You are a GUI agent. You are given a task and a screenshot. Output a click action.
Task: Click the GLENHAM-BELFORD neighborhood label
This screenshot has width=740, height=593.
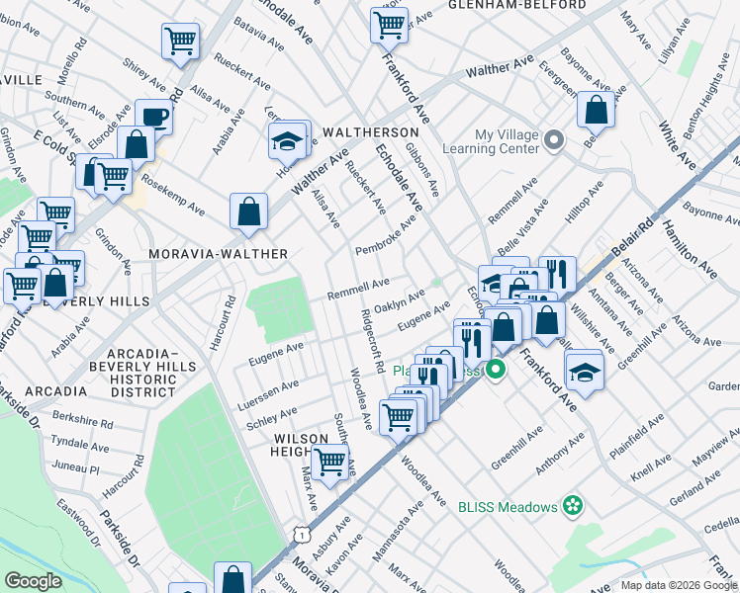515,5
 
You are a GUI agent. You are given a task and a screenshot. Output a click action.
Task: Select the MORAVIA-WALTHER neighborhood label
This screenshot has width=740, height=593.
218,254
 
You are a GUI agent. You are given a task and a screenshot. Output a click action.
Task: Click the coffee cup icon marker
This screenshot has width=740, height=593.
154,117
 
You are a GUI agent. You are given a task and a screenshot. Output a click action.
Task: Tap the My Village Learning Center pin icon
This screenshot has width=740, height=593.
554,141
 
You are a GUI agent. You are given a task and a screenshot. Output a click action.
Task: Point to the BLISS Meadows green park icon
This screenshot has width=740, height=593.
570,507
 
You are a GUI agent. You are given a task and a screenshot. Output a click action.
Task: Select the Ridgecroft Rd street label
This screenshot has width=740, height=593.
372,341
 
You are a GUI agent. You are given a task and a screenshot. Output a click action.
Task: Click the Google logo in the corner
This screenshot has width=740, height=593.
33,581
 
